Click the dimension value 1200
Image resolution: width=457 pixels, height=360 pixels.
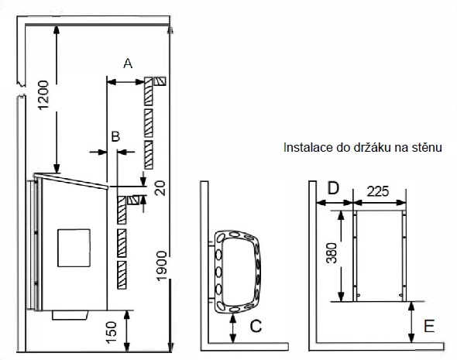43,95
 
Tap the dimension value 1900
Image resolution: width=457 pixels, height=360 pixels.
161,266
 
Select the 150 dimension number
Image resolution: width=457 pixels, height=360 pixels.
111,333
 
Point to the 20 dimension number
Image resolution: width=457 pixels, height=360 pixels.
160,188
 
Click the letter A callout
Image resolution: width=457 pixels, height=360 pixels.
128,63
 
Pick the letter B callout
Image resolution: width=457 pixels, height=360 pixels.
115,136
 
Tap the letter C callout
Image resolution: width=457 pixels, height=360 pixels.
256,326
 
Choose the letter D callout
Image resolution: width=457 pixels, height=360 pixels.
333,188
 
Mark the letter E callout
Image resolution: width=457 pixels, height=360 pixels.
429,326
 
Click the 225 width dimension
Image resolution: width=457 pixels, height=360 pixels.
378,191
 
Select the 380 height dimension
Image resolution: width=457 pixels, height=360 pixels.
332,253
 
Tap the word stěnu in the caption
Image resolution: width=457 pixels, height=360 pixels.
427,147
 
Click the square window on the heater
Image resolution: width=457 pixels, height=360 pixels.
74,248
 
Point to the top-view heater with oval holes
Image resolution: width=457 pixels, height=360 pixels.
237,272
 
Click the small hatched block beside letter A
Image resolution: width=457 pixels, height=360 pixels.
160,81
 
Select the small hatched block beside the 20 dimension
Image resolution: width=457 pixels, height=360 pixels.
134,200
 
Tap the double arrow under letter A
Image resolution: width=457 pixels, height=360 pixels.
125,82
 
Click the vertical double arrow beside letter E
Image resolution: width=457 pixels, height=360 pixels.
411,322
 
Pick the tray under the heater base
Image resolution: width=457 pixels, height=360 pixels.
70,315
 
